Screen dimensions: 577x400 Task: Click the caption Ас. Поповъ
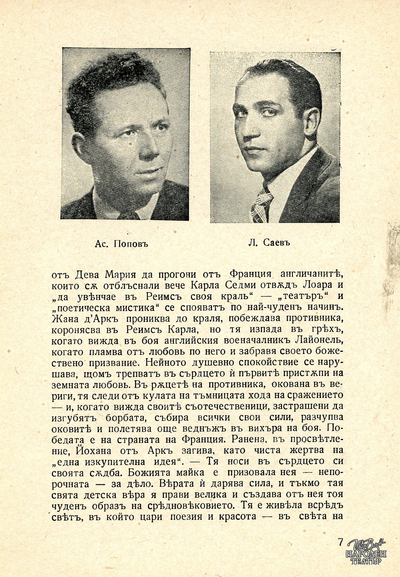121,244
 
